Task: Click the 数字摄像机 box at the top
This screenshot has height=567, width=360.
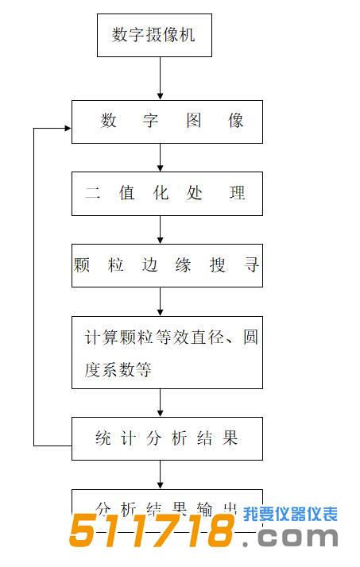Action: click(x=154, y=35)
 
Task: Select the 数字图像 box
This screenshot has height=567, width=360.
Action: click(x=167, y=121)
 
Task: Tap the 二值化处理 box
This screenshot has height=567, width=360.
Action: click(x=167, y=193)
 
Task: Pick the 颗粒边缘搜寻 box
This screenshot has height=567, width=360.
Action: click(x=167, y=265)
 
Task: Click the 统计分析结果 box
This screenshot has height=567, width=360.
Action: click(x=167, y=438)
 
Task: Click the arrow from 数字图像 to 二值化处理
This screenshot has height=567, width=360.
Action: click(x=161, y=157)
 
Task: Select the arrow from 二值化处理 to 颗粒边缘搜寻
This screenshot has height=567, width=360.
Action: click(x=161, y=229)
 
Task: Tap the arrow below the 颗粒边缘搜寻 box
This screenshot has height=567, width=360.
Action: click(x=161, y=302)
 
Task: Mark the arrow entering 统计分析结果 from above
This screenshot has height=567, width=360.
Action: click(x=161, y=403)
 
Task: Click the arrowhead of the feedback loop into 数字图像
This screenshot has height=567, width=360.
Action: click(x=66, y=127)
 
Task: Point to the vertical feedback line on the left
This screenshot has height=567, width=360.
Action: click(x=34, y=286)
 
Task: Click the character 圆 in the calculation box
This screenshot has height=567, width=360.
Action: click(x=250, y=337)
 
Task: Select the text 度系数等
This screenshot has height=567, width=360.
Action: click(x=118, y=370)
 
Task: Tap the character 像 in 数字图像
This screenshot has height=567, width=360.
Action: click(x=235, y=121)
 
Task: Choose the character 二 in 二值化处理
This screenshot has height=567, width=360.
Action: click(x=93, y=193)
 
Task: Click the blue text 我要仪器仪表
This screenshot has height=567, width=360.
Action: click(x=291, y=514)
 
